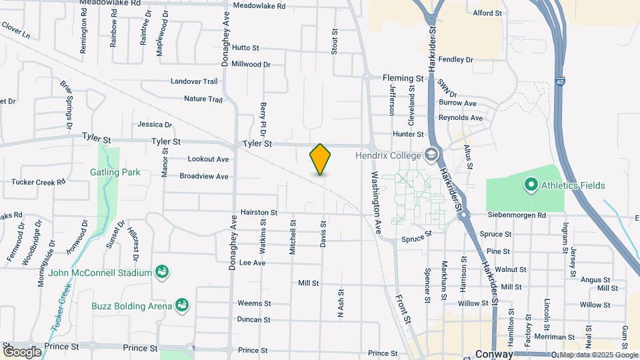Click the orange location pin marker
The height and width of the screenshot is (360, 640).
click(320, 159)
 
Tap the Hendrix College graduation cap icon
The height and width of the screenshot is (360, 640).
click(432, 155)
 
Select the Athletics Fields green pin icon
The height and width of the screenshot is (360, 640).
click(531, 185)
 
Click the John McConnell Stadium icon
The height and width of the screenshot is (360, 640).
click(161, 271)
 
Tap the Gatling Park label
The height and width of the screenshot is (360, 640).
click(115, 172)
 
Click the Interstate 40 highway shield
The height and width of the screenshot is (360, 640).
click(557, 83)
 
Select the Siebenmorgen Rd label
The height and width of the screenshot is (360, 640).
click(518, 215)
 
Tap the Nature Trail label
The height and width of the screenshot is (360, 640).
click(203, 99)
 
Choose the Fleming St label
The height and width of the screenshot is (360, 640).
click(403, 78)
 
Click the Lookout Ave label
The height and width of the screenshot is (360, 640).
click(208, 159)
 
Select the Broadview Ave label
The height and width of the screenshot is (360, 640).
click(204, 177)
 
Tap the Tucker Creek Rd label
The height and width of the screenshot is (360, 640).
click(39, 181)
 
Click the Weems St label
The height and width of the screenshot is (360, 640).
click(254, 303)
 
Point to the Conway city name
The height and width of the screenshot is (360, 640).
click(494, 354)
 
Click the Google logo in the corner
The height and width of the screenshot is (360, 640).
click(22, 351)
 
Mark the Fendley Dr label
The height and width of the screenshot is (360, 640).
click(456, 59)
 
